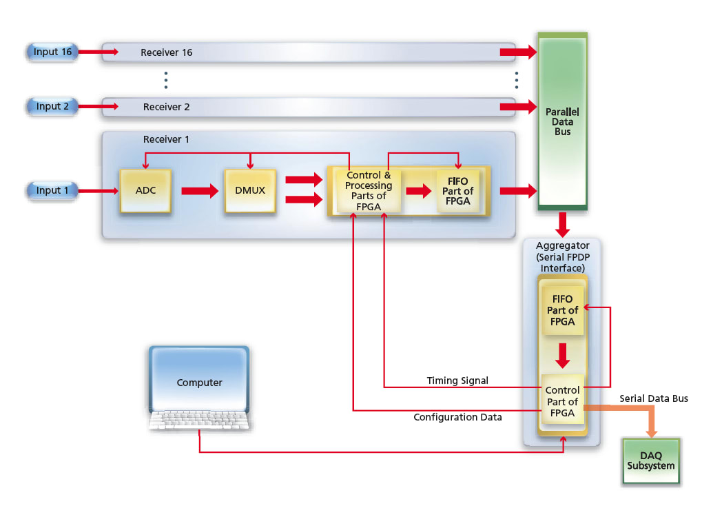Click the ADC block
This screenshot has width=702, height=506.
145,190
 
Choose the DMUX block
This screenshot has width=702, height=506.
250,190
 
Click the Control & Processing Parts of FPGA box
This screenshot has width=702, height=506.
369,190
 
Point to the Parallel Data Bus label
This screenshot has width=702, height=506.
562,121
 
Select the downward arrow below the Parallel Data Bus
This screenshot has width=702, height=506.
563,224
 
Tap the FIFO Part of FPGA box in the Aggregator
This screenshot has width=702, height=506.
563,310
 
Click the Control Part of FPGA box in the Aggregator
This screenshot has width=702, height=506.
562,402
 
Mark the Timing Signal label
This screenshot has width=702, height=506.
457,381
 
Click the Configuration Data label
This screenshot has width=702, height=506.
457,417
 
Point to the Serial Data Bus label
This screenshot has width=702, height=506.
653,398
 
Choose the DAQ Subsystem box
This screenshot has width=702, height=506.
651,461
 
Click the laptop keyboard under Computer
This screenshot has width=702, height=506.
199,420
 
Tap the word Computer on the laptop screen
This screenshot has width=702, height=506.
199,383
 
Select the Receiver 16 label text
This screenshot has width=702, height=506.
166,52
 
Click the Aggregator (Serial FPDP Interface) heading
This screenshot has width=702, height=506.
563,256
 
